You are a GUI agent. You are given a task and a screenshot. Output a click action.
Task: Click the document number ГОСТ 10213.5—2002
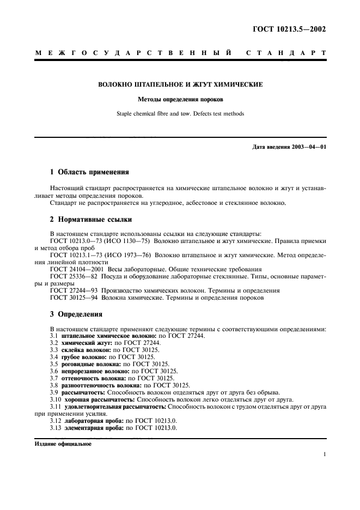coord(292,30)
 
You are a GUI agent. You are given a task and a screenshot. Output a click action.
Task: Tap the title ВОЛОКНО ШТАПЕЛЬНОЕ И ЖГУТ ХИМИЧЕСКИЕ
coord(180,85)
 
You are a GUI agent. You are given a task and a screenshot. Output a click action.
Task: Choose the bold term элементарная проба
coord(94,428)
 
